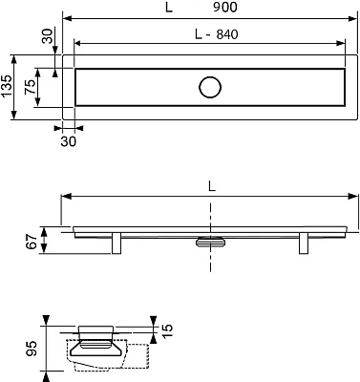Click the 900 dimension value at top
[225, 7]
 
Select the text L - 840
[217, 34]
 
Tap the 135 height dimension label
[6, 87]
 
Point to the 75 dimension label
[30, 87]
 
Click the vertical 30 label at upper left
[47, 35]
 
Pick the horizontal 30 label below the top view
[69, 141]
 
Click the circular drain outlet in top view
[210, 87]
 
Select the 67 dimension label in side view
[32, 241]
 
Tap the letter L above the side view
[212, 186]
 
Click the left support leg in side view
[116, 243]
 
